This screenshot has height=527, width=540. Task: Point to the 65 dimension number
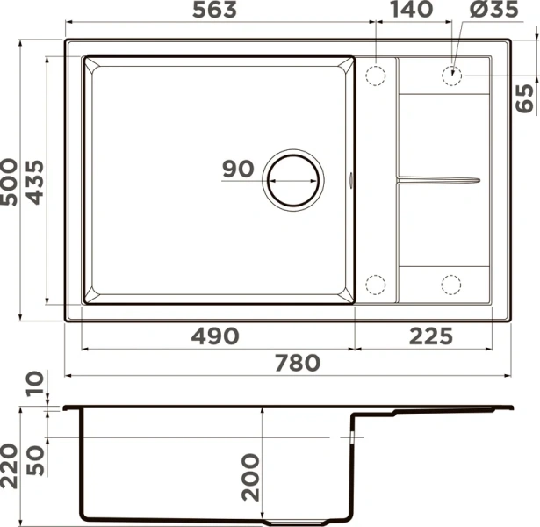(525, 97)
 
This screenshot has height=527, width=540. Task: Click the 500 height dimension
(11, 182)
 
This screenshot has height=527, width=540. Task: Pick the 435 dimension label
(35, 182)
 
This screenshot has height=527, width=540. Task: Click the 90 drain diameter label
(237, 170)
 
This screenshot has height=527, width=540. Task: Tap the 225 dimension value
(429, 336)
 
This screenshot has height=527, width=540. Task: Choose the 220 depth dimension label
(11, 465)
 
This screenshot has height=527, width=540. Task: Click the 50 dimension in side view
(35, 458)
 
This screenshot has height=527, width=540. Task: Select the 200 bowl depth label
(251, 476)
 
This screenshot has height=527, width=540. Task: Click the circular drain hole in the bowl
(293, 179)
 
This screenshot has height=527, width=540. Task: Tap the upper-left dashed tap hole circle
(376, 75)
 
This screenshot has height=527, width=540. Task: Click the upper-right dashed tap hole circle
(452, 75)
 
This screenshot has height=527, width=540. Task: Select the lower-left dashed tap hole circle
(376, 284)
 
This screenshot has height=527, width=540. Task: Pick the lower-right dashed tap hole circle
(451, 284)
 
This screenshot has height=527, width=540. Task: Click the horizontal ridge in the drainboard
(439, 179)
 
